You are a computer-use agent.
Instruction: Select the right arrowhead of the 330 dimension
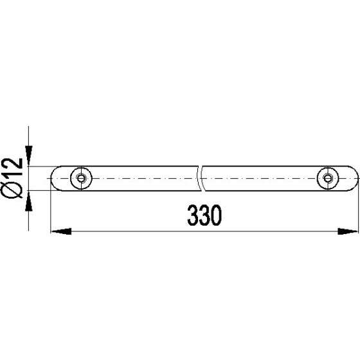coord(350,230)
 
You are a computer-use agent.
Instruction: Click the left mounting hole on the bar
coord(80,178)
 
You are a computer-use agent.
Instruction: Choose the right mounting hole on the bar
coord(328,178)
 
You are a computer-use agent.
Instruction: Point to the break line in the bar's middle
coord(201,178)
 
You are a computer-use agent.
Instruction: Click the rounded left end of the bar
coord(54,178)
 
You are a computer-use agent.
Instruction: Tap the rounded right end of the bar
coord(354,178)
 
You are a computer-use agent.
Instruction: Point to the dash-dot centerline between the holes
coord(141,178)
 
